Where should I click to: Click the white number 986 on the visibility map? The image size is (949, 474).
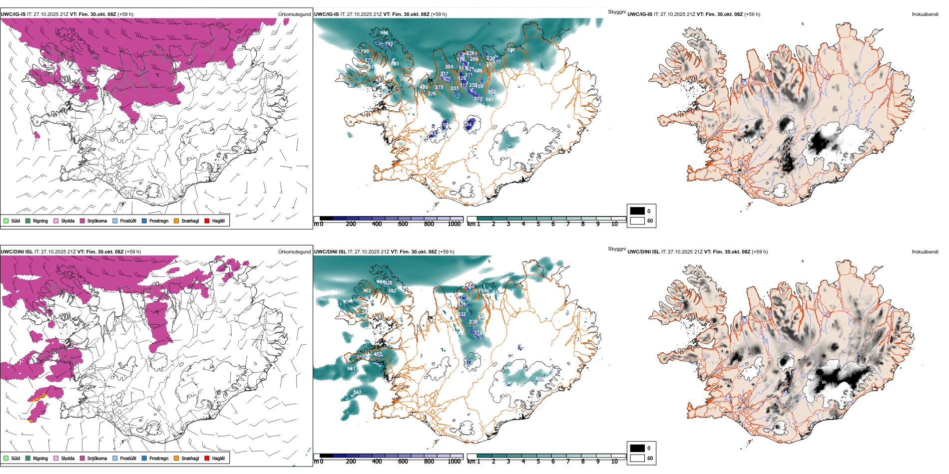384,33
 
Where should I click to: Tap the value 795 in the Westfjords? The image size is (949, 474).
365,51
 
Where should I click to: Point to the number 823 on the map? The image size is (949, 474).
395,64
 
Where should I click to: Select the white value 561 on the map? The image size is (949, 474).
489,100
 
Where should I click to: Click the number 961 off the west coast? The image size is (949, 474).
351,369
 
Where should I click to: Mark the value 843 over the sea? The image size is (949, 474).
357,392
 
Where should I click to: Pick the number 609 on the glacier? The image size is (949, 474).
539,379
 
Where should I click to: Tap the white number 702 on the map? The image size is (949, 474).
367,291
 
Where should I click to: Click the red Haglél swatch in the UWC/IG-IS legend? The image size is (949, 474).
207,221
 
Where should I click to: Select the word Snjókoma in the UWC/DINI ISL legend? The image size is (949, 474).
97,458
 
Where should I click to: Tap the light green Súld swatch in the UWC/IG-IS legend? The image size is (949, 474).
6,221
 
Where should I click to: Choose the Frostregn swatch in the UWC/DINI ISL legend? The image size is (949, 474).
144,458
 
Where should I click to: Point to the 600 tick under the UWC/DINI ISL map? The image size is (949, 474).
403,462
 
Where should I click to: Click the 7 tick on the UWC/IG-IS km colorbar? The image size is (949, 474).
568,224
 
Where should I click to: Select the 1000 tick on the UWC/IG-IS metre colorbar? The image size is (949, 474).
454,224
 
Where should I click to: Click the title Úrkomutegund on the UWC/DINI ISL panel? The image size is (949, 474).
294,251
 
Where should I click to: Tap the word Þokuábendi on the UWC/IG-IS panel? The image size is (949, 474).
925,14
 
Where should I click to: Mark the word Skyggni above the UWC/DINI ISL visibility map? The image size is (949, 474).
616,248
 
